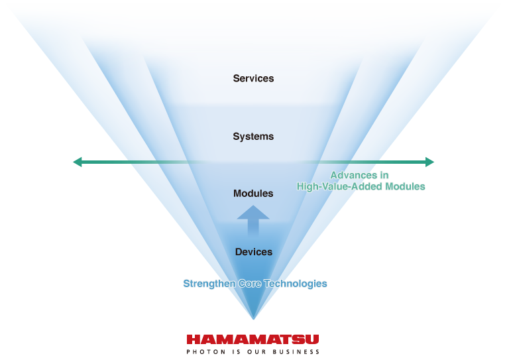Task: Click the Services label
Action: click(x=253, y=78)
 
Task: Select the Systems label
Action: click(x=253, y=137)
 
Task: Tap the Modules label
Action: click(x=253, y=194)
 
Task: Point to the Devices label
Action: click(x=253, y=252)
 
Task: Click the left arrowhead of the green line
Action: click(x=78, y=162)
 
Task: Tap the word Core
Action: click(x=249, y=284)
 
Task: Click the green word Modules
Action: click(x=403, y=187)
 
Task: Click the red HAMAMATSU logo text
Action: click(x=253, y=339)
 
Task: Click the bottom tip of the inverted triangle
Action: click(x=253, y=319)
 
